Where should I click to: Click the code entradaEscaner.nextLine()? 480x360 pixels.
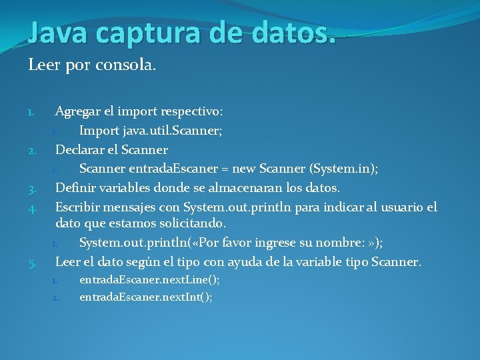(149, 280)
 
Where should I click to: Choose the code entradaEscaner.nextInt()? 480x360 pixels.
(146, 297)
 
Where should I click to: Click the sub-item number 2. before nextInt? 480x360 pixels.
(56, 297)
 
